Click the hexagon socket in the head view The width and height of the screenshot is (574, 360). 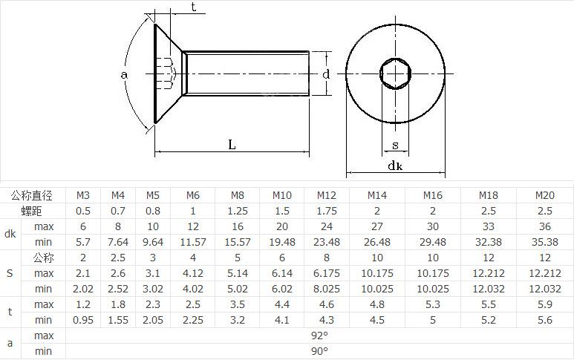coord(395,74)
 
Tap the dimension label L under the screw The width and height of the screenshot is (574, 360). coord(232,145)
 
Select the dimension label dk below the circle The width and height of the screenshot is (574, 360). coord(395,166)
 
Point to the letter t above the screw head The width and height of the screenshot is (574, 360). coord(193,7)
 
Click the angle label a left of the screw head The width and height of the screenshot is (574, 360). coord(124,75)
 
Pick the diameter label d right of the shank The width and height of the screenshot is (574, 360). coord(326,74)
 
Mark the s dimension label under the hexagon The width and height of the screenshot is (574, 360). coord(395,145)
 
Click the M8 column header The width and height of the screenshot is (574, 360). coord(237,195)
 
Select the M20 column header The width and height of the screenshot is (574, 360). coord(545,195)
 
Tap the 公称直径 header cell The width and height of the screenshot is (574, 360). coord(31,195)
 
